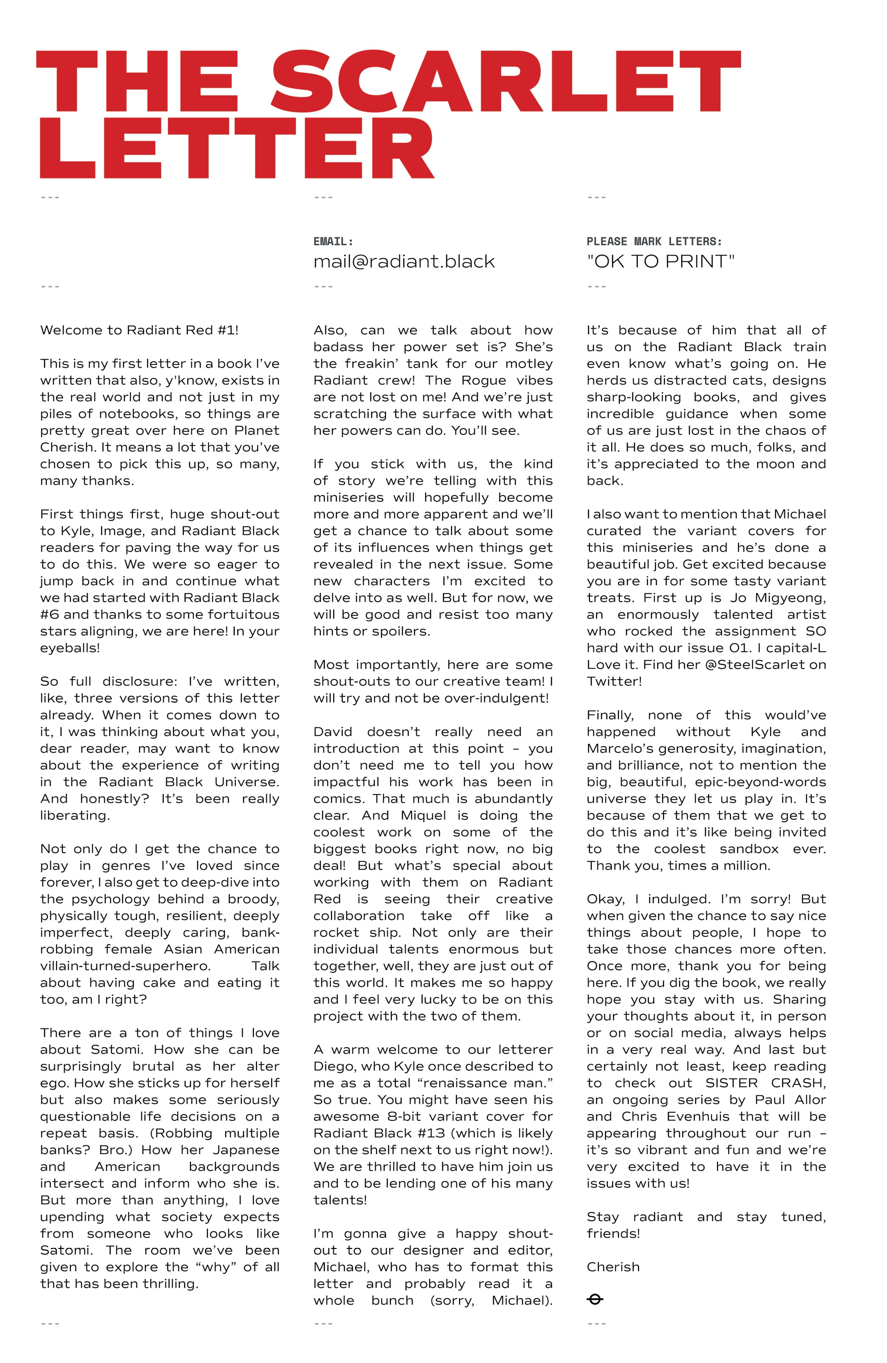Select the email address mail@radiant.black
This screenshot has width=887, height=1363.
tap(404, 262)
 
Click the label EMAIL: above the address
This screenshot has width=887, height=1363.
tap(333, 242)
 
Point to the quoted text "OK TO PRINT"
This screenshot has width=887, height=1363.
tap(660, 262)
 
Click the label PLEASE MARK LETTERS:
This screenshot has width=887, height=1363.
tap(654, 242)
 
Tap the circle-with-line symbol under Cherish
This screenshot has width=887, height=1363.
tap(595, 1300)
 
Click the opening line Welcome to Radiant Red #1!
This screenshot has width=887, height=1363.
tap(139, 330)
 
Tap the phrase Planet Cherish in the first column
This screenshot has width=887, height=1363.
tap(159, 439)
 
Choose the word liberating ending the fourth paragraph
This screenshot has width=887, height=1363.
tap(74, 815)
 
